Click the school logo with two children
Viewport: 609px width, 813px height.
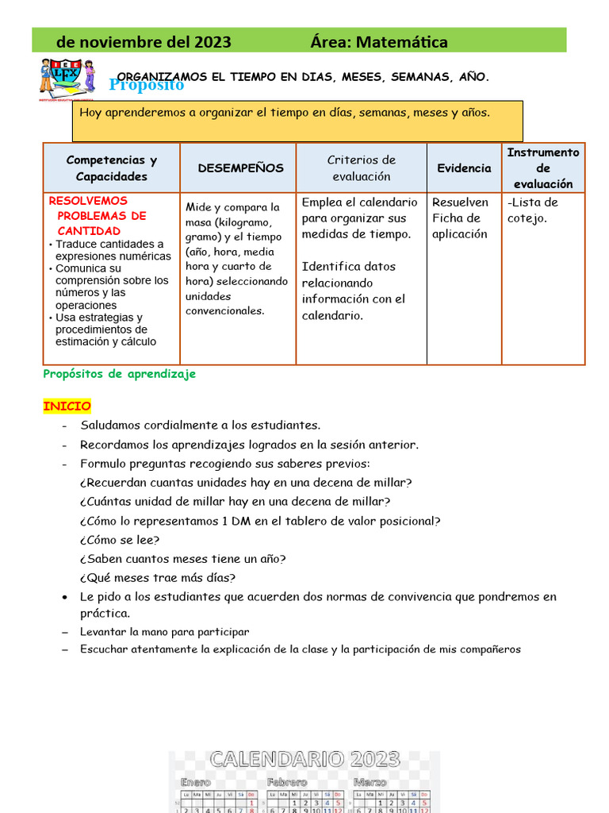pos(67,79)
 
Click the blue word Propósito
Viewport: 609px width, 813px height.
pos(147,85)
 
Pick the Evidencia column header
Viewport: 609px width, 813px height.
pos(464,168)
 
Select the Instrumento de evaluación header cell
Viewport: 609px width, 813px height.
pos(543,168)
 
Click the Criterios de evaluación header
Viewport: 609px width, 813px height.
pos(361,168)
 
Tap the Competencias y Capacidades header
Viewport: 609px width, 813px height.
pos(112,168)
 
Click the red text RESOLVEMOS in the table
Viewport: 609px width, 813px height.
pos(88,201)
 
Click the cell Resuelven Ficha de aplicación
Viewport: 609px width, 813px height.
pos(460,218)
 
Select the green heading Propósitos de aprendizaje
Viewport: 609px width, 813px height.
pos(119,374)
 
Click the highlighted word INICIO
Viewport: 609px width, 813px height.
pos(67,406)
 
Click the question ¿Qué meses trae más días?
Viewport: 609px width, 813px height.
pos(158,577)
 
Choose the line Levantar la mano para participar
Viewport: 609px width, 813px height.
pos(164,632)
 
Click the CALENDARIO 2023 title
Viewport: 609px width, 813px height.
pos(304,759)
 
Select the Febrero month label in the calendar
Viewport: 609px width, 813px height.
pos(287,783)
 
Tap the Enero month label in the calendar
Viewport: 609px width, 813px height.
pos(197,783)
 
